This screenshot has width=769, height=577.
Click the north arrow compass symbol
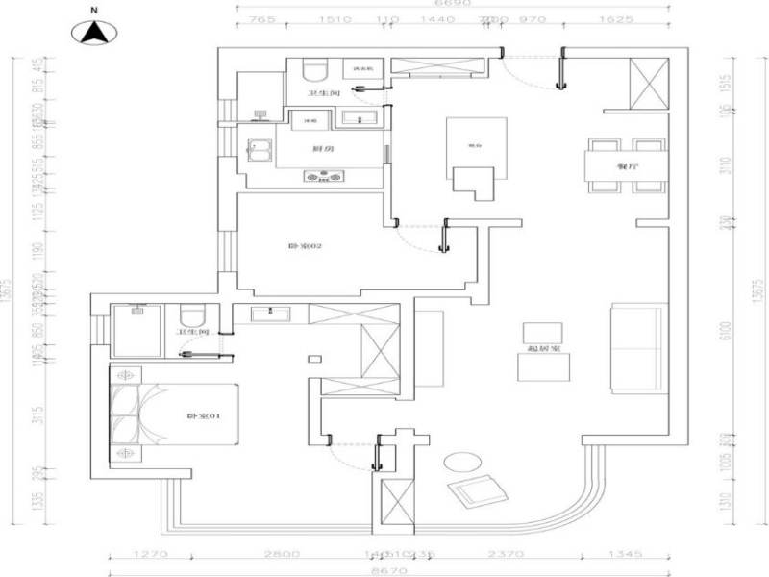(94, 32)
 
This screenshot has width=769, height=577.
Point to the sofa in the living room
(638, 348)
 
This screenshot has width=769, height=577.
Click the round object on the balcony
(459, 463)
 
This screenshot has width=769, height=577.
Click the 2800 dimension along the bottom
(285, 554)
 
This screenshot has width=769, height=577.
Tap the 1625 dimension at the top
(623, 19)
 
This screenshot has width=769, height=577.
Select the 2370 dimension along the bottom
(503, 554)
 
